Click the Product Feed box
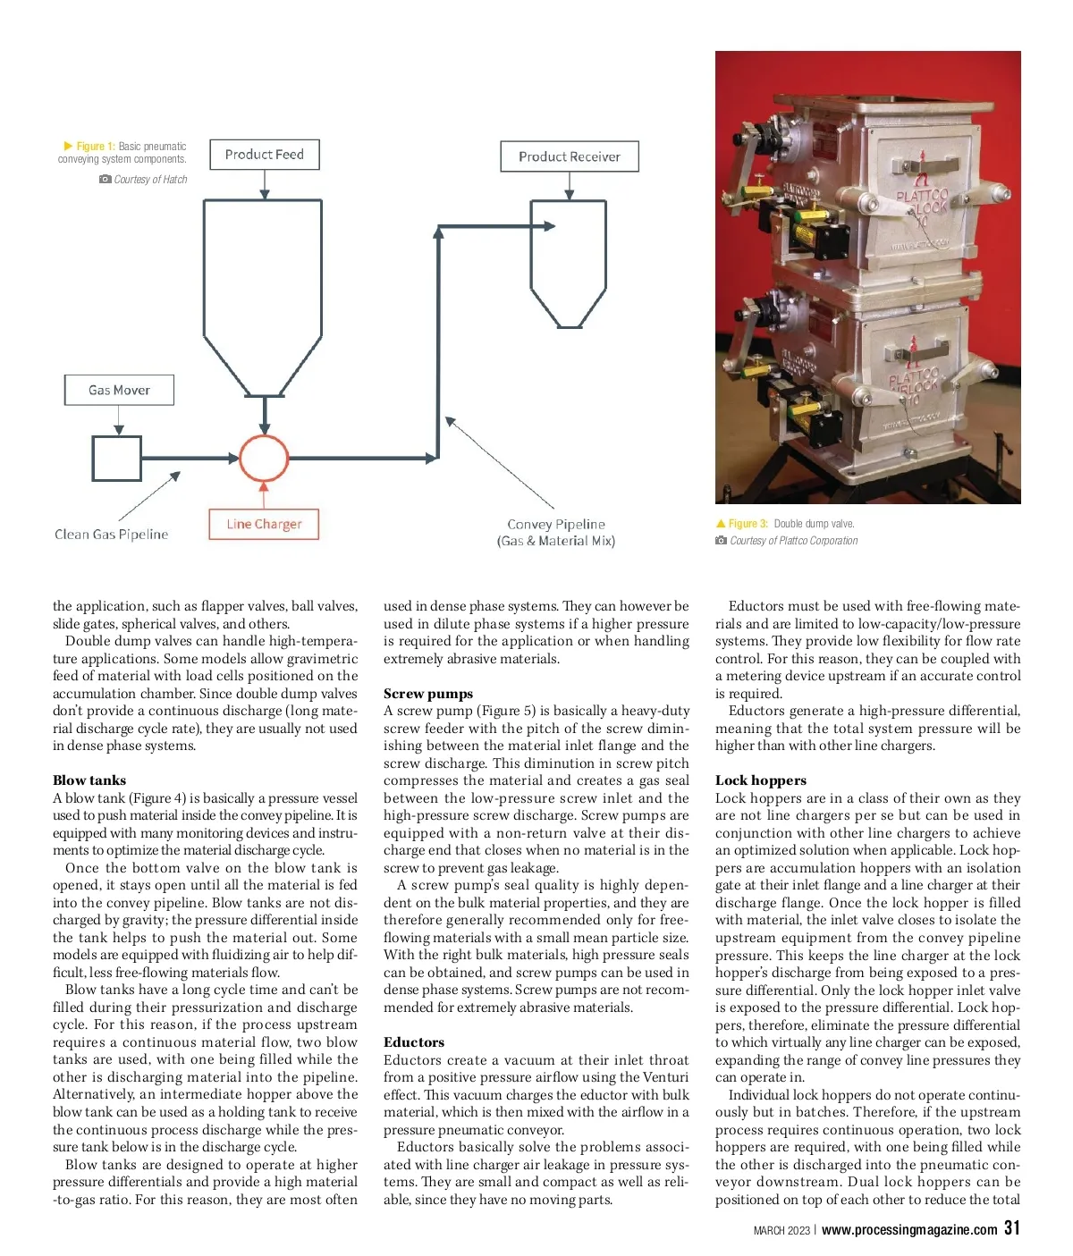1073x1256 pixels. pyautogui.click(x=265, y=155)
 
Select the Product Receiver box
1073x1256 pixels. pyautogui.click(x=570, y=156)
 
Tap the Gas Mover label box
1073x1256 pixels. pyautogui.click(x=119, y=390)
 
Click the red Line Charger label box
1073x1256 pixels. pyautogui.click(x=264, y=524)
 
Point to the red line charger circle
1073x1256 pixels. pyautogui.click(x=264, y=459)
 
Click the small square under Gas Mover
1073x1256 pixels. pyautogui.click(x=116, y=458)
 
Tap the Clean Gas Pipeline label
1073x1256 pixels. pyautogui.click(x=112, y=535)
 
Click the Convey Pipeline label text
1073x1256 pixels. pyautogui.click(x=556, y=532)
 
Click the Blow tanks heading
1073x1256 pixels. pyautogui.click(x=89, y=780)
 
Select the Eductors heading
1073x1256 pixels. pyautogui.click(x=414, y=1042)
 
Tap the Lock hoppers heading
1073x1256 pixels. pyautogui.click(x=761, y=780)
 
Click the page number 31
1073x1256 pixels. pyautogui.click(x=1011, y=1228)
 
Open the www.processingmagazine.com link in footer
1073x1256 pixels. pyautogui.click(x=909, y=1230)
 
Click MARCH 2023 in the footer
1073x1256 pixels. pyautogui.click(x=782, y=1231)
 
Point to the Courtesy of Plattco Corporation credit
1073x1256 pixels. pyautogui.click(x=793, y=541)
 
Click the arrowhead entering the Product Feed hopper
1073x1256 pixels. pyautogui.click(x=265, y=193)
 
